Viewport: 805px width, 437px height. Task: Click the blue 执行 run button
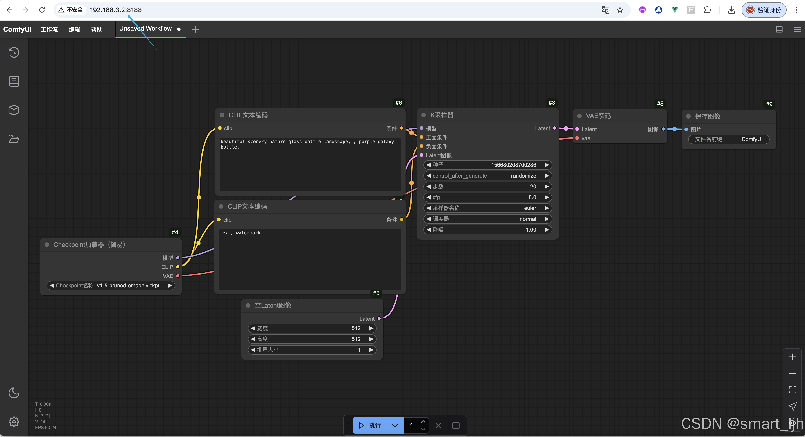pyautogui.click(x=371, y=426)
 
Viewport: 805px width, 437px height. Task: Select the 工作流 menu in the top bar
pyautogui.click(x=49, y=29)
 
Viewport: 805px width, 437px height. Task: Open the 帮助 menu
pyautogui.click(x=97, y=29)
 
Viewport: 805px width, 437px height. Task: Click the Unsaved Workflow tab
pyautogui.click(x=145, y=29)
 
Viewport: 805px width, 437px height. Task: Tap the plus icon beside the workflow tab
pyautogui.click(x=195, y=30)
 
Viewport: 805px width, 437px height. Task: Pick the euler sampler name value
pyautogui.click(x=530, y=208)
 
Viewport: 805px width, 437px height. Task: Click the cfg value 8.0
pyautogui.click(x=532, y=197)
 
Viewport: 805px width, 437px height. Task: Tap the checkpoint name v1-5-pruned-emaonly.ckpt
pyautogui.click(x=128, y=286)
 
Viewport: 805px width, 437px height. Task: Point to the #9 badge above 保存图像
pyautogui.click(x=769, y=104)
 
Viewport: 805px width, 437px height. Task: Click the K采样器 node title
pyautogui.click(x=442, y=115)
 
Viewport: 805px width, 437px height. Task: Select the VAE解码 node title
pyautogui.click(x=598, y=116)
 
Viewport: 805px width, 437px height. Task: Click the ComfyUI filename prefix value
pyautogui.click(x=752, y=139)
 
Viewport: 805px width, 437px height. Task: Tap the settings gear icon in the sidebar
pyautogui.click(x=14, y=422)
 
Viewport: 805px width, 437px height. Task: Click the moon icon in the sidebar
pyautogui.click(x=14, y=393)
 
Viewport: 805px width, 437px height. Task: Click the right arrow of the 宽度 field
pyautogui.click(x=371, y=328)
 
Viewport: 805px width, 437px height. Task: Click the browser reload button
pyautogui.click(x=42, y=10)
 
